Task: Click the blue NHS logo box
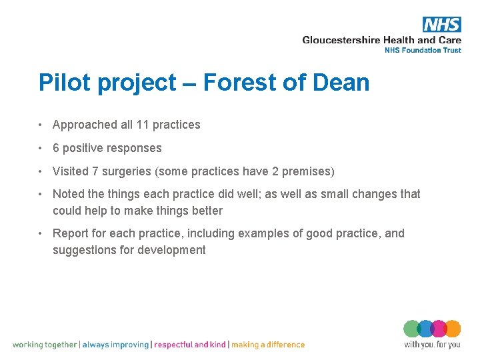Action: pos(441,25)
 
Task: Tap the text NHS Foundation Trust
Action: pos(423,50)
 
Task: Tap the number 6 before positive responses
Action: pos(56,148)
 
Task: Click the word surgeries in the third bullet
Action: pos(126,171)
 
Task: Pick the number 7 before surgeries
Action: pos(96,171)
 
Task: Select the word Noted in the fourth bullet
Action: pos(67,194)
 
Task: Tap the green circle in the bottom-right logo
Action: pos(412,329)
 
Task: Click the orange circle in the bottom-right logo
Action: pos(453,329)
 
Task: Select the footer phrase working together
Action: pos(45,345)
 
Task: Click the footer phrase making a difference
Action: pos(268,345)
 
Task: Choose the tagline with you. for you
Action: pos(432,345)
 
